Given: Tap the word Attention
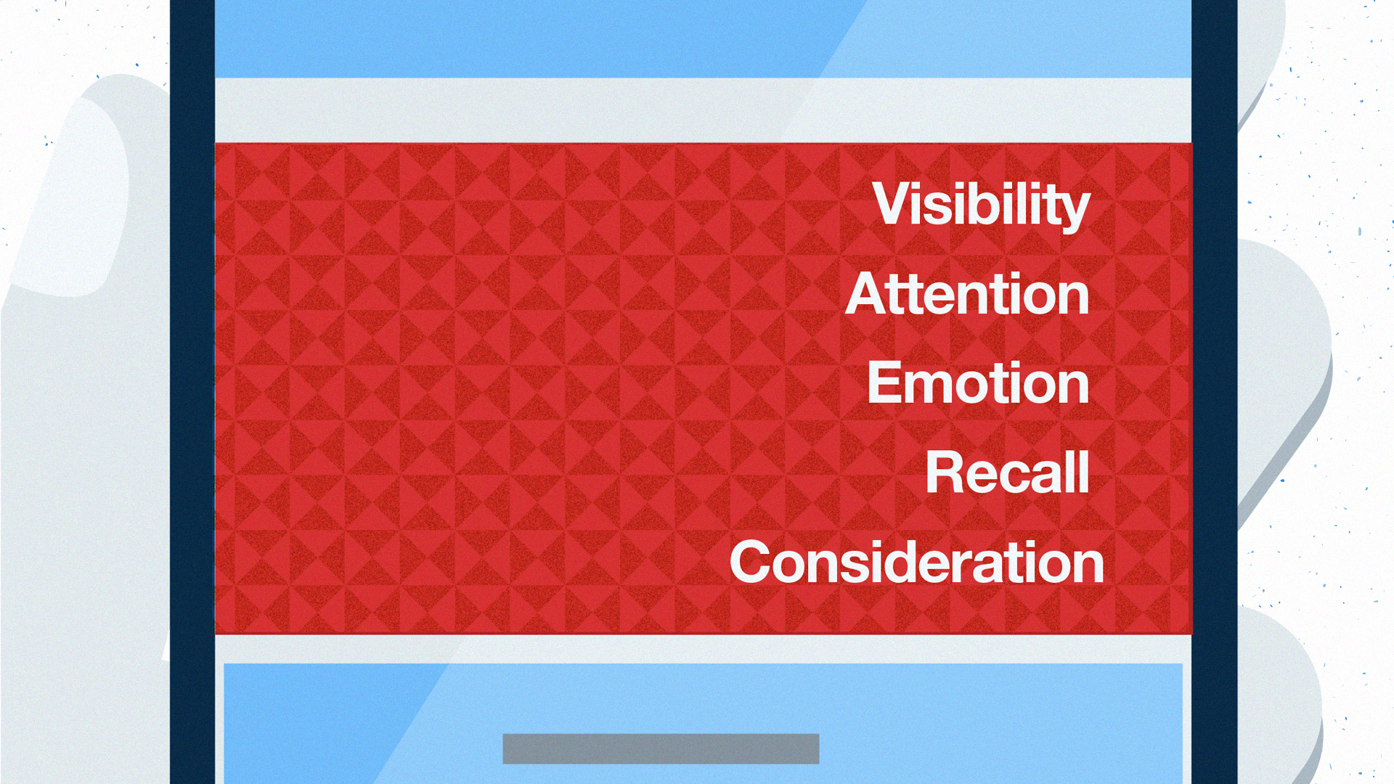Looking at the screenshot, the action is point(968,294).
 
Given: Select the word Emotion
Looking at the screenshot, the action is point(978,383).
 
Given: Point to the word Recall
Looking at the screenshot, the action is point(1008,472).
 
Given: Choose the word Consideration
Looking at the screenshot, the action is point(917,561).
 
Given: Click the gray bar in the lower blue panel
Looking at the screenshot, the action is point(661,748).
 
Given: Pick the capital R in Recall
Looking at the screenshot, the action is point(945,472).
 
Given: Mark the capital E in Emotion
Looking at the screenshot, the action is point(884,383).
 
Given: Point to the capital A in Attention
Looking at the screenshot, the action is point(868,294).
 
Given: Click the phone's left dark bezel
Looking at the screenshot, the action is point(192,392).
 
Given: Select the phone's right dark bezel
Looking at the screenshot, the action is point(1215,392).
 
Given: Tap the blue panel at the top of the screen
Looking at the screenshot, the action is point(703,38).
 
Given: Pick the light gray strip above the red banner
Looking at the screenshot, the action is point(703,110).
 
